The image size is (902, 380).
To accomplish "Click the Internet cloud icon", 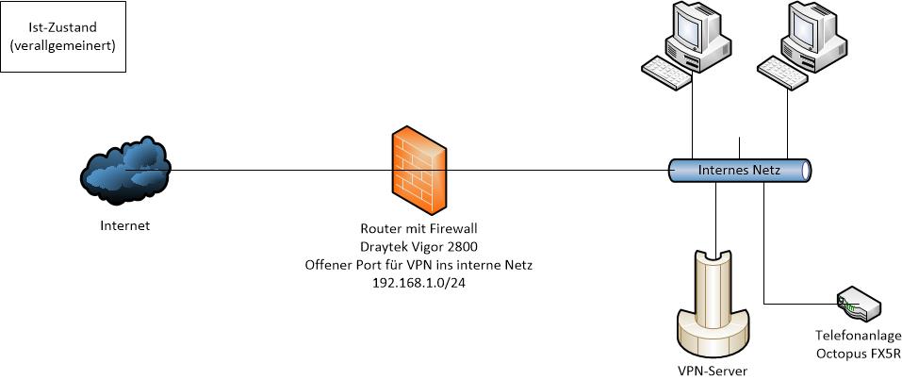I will tap(124, 171).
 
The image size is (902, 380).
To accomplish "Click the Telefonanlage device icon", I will tap(859, 305).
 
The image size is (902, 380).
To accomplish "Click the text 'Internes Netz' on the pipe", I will tap(738, 171).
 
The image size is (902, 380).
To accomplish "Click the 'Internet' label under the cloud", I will tap(124, 226).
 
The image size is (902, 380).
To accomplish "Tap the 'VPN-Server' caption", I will tap(714, 371).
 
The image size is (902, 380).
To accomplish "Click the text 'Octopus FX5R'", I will tap(859, 354).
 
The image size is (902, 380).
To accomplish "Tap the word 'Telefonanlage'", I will tap(859, 337).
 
